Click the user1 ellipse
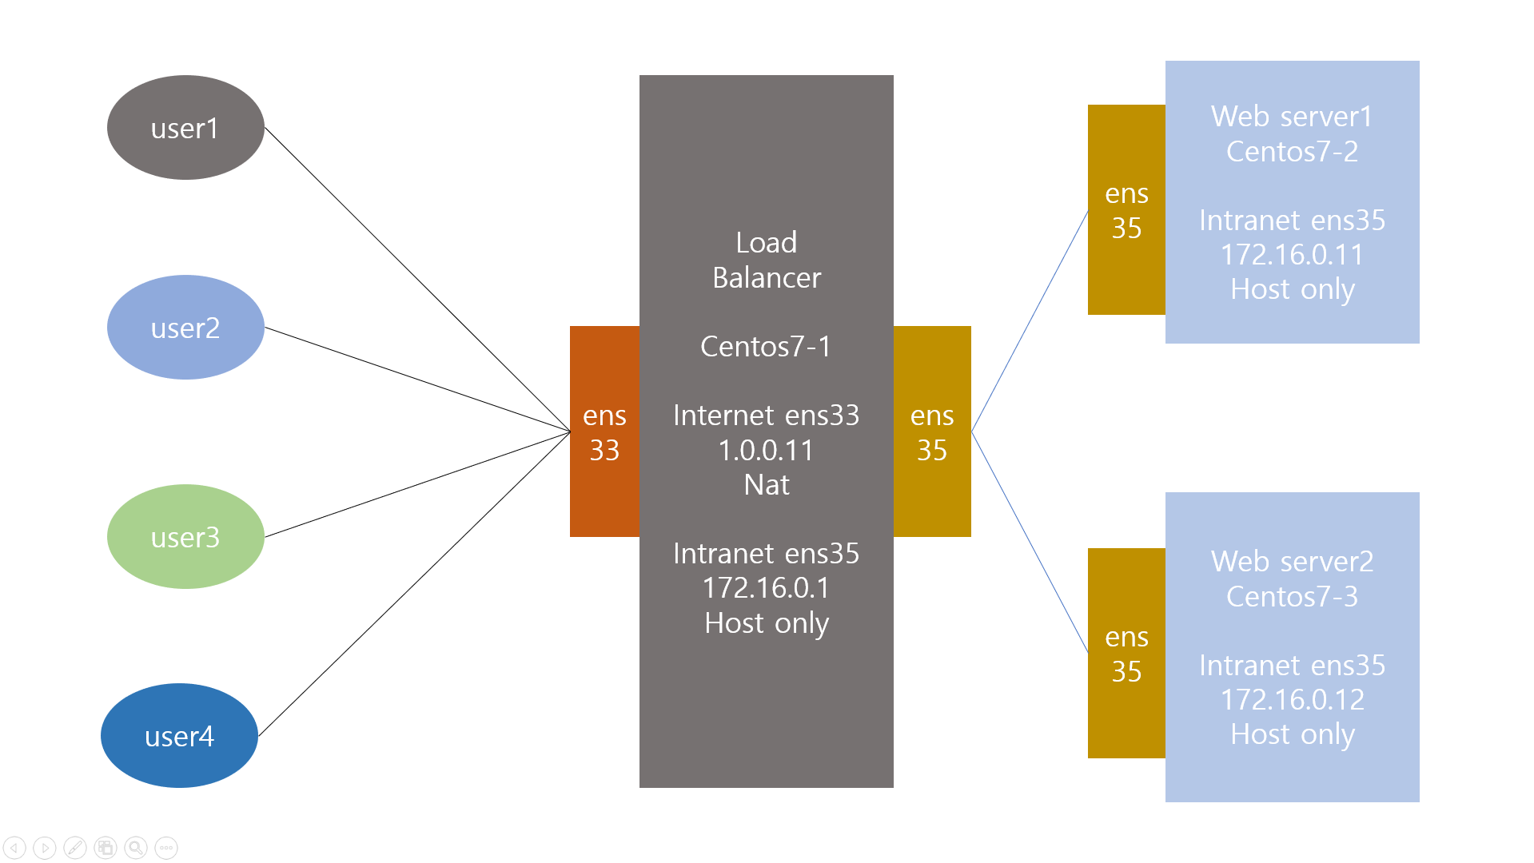(x=185, y=128)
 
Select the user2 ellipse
(x=185, y=328)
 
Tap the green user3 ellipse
(x=185, y=537)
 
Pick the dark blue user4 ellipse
(x=179, y=736)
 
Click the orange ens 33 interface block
(x=604, y=431)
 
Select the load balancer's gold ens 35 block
(x=932, y=431)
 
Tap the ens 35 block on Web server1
(x=1126, y=210)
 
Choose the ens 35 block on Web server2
(x=1126, y=654)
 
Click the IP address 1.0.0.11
(x=766, y=451)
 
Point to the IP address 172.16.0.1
(x=766, y=588)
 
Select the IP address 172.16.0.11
(x=1292, y=255)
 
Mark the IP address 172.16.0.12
(x=1292, y=700)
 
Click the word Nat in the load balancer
(x=766, y=485)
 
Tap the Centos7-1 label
(x=766, y=347)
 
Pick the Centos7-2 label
(x=1292, y=152)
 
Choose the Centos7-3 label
(x=1292, y=597)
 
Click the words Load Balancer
(x=766, y=260)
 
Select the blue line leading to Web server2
(x=1030, y=542)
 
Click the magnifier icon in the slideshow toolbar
(x=136, y=848)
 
